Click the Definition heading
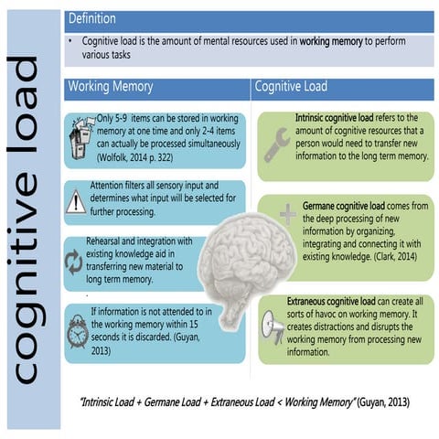(92, 18)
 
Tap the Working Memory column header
(110, 87)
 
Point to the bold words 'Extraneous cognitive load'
(348, 300)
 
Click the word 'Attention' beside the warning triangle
(110, 184)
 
